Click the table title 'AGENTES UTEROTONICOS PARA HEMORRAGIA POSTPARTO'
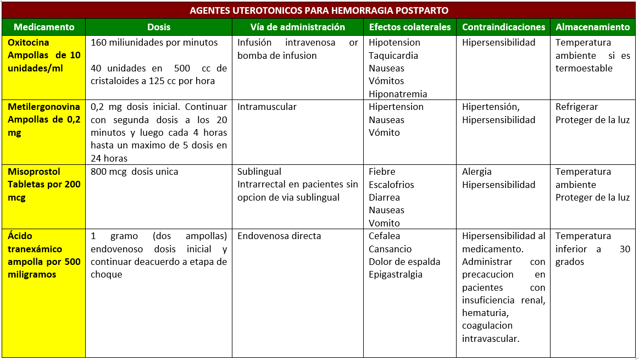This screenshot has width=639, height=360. pos(319,10)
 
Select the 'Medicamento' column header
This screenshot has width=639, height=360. pos(44,27)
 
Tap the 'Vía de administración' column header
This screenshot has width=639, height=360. pos(297,27)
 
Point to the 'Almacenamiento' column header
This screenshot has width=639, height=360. pos(593,27)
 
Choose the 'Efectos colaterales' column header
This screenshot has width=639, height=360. pos(410,27)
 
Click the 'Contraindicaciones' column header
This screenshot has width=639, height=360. pos(503,27)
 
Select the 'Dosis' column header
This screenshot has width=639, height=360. pos(159,27)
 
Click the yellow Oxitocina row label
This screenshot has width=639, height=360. pos(44,56)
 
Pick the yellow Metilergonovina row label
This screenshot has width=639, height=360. pos(44,120)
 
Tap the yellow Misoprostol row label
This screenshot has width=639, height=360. pos(44,184)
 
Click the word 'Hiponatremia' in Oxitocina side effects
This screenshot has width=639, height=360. pos(398,94)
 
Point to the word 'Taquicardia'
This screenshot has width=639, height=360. pos(393,56)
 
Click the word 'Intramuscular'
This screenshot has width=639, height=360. pos(266,107)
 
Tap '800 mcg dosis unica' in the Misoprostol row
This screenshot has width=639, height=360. pos(135,171)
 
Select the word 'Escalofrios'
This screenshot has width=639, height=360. pos(391,185)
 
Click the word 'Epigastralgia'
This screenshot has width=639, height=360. pos(396,274)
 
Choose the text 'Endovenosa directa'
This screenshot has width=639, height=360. pos(279,236)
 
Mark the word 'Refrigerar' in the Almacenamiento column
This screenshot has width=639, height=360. pos(576,107)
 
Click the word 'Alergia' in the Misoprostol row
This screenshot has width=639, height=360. pos(477,171)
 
